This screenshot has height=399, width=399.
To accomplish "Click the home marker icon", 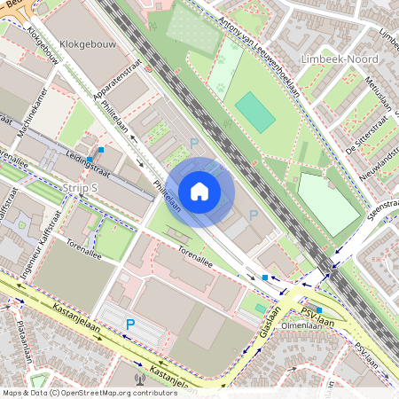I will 199,192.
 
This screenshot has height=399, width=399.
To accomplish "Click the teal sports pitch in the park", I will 254,112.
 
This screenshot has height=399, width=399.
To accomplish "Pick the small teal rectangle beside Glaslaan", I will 260,308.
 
